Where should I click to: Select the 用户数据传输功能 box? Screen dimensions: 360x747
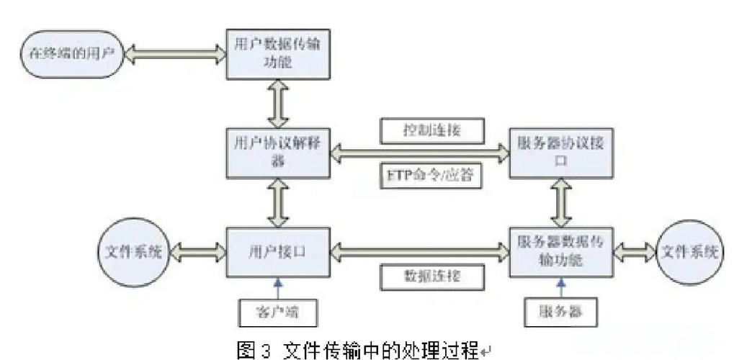[x=277, y=53]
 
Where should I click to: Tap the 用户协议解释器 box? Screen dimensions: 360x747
[x=277, y=151]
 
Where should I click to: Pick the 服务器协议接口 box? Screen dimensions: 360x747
[x=561, y=151]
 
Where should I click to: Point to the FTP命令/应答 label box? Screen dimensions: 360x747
[x=430, y=175]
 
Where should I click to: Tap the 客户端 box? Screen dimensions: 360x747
[x=277, y=311]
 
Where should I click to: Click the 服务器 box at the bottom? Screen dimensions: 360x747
[x=561, y=311]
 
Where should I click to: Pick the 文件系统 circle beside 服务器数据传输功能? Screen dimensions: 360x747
[x=690, y=253]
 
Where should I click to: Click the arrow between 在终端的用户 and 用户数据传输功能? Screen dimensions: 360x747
[x=171, y=53]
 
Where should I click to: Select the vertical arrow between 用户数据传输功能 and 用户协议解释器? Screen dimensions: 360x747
[x=277, y=102]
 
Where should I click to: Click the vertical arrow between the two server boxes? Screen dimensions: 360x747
[x=561, y=202]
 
